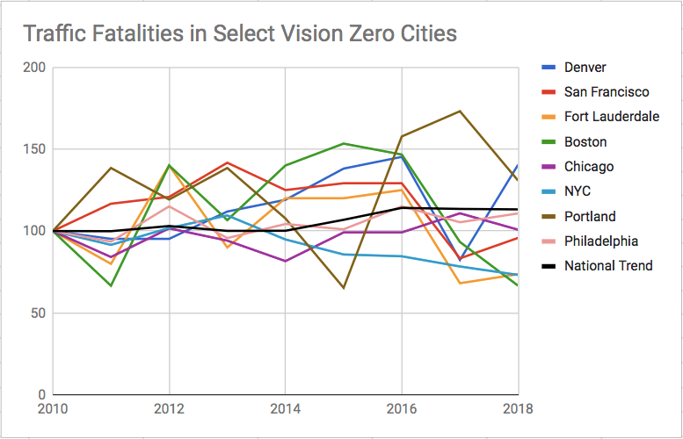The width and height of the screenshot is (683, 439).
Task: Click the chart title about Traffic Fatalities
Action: [x=239, y=34]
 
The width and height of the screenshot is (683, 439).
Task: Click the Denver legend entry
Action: [x=585, y=68]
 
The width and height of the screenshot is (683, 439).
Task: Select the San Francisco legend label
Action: [x=607, y=92]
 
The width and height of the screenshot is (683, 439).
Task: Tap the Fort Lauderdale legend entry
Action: [x=611, y=117]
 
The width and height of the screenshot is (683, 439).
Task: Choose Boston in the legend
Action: [x=585, y=141]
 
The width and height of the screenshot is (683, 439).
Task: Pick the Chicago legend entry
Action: [x=589, y=167]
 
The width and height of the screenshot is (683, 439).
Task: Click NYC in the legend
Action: [x=579, y=191]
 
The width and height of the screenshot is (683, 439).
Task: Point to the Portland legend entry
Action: [x=590, y=216]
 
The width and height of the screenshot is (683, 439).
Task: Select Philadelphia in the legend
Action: [x=600, y=241]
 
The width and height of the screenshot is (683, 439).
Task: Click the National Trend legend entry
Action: [x=608, y=265]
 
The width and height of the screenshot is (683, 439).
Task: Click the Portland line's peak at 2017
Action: [x=460, y=112]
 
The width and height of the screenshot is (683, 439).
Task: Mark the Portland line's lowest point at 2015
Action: [x=344, y=287]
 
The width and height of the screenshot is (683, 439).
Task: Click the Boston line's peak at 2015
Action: [x=344, y=143]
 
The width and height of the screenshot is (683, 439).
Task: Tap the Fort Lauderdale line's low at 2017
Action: [x=460, y=283]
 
